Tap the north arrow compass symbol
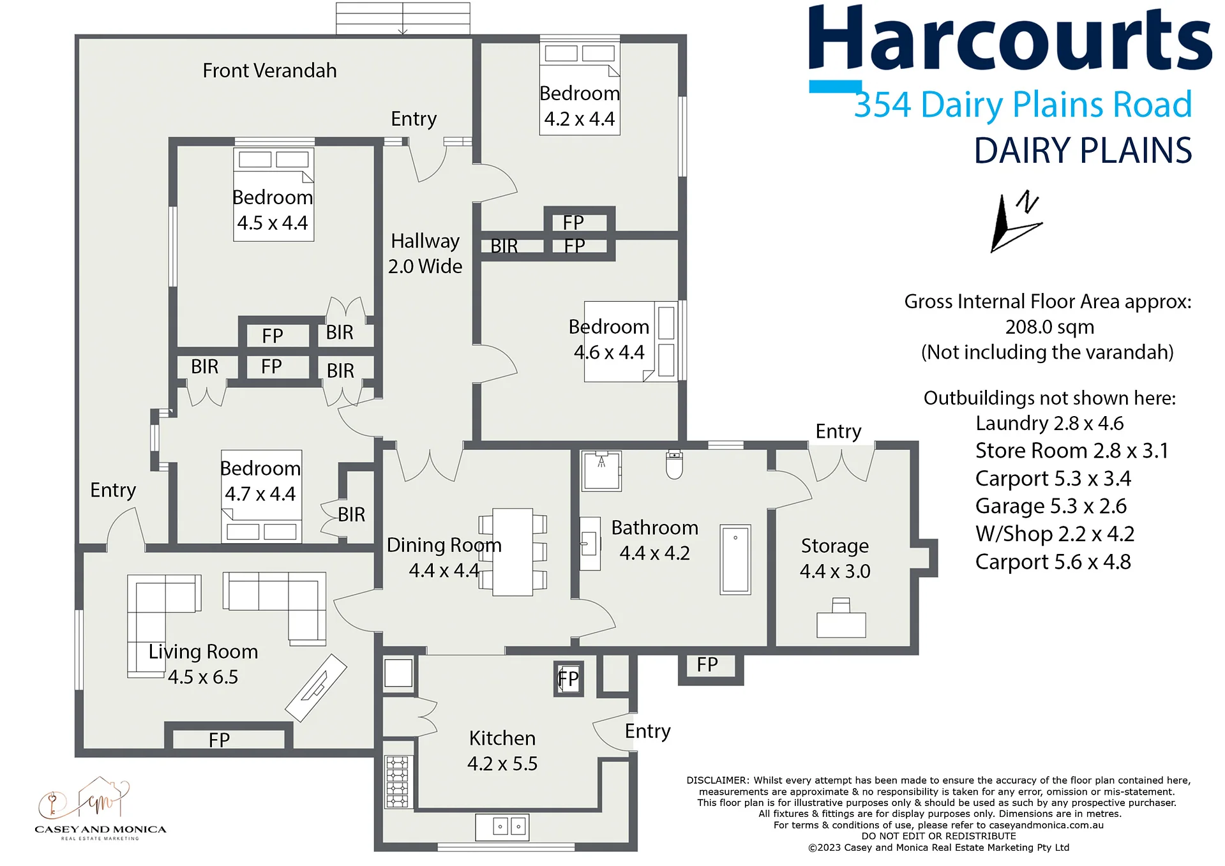[1016, 221]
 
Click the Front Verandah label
[269, 70]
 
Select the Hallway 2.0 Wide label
[425, 253]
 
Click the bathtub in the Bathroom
[735, 560]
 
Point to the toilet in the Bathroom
[674, 464]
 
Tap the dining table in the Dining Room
[513, 552]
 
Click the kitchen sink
[502, 827]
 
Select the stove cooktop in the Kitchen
[396, 782]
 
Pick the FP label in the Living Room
[219, 740]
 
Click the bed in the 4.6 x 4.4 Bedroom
[631, 342]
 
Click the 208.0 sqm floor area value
[1049, 327]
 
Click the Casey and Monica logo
[100, 809]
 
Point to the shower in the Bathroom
[601, 471]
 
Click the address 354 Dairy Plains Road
[1023, 105]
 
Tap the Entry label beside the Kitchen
[647, 731]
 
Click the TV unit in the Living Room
[316, 688]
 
